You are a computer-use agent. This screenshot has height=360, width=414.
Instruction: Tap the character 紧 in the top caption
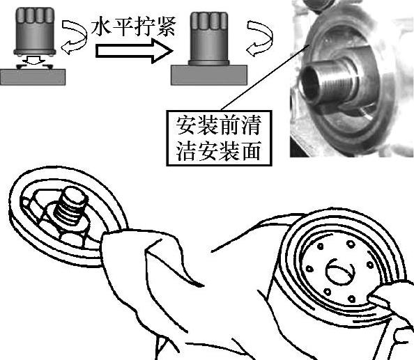click(x=166, y=26)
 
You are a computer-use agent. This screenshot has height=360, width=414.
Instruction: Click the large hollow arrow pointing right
click(x=134, y=51)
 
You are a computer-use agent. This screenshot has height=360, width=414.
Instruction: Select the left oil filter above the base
click(x=35, y=31)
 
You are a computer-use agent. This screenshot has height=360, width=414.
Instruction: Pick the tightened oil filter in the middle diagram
click(x=209, y=38)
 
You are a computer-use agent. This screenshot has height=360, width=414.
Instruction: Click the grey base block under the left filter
click(x=33, y=77)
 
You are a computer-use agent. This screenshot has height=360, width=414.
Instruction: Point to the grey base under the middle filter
click(x=209, y=75)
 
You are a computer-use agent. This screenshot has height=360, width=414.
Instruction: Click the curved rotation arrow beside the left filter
click(x=75, y=36)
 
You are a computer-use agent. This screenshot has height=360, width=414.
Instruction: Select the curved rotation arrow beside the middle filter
click(x=259, y=38)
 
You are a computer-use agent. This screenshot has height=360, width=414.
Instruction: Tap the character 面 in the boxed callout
click(x=252, y=151)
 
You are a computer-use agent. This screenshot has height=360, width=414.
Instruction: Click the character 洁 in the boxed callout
click(x=185, y=151)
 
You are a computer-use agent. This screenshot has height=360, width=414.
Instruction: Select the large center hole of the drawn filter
click(x=340, y=272)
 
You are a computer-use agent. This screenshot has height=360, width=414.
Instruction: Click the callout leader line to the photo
click(x=265, y=77)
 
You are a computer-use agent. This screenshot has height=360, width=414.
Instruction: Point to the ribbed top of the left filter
click(x=35, y=15)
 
